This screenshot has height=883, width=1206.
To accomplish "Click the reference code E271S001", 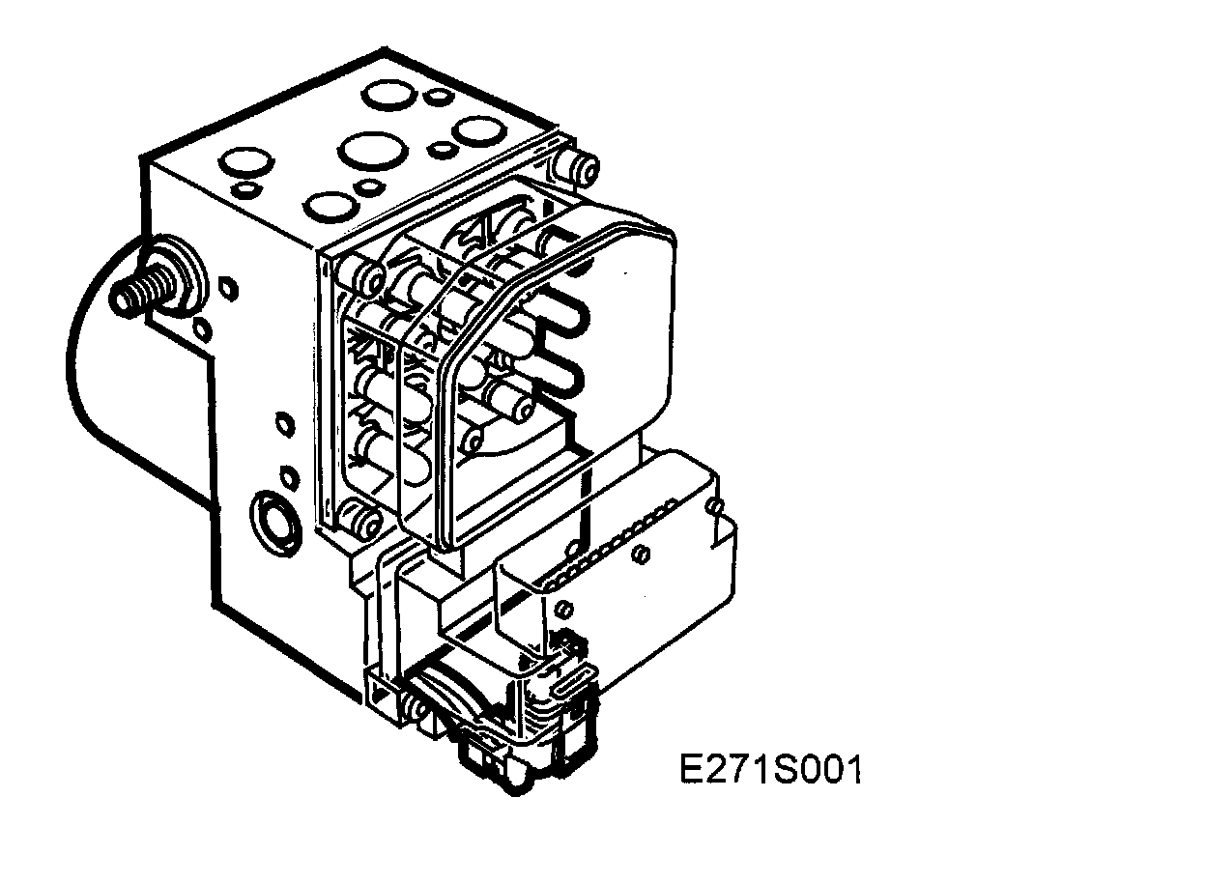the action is tap(770, 770).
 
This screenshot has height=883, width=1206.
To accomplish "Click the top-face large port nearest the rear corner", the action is tap(389, 96).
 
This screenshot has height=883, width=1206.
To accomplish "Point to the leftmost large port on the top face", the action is tap(246, 161).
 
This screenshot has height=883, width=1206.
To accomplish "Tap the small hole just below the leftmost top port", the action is tap(245, 188).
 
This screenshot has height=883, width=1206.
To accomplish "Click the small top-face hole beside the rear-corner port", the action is tap(437, 97).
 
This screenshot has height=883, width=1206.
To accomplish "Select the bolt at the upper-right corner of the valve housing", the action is tap(583, 169).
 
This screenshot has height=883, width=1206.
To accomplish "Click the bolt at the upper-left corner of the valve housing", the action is tap(363, 277).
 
